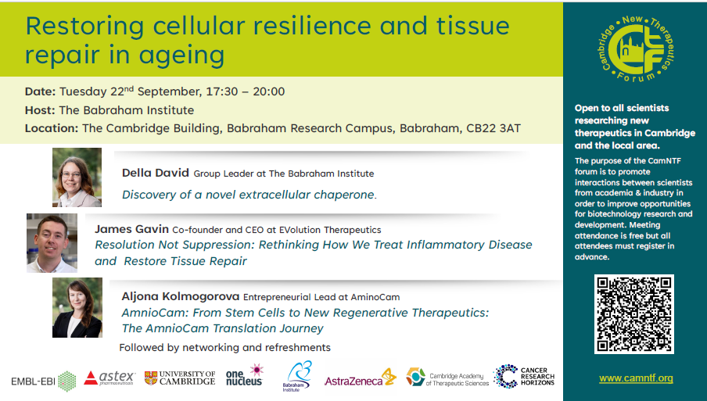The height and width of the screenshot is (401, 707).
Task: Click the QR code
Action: pos(634,314)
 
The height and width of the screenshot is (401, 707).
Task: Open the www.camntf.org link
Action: pos(636,378)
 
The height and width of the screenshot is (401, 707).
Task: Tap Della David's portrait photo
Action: pos(77,177)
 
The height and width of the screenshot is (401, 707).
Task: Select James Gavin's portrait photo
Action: pos(52,243)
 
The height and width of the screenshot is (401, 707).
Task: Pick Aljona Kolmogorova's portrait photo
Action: pos(77,308)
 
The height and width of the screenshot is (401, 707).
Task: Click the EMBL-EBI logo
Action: pos(43,381)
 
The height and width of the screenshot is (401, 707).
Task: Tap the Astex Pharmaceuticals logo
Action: pos(109,378)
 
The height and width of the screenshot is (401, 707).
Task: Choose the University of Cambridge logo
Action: pos(180,378)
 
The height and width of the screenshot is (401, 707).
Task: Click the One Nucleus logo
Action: pos(245,375)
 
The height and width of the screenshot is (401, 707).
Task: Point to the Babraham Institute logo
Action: pos(296,376)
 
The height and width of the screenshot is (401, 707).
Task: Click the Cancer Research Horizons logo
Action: pos(524,376)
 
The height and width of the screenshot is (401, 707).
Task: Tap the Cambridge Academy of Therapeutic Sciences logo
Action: pos(447,378)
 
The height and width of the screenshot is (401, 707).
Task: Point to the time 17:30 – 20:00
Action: pos(246,91)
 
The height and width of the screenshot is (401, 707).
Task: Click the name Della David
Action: pos(155,173)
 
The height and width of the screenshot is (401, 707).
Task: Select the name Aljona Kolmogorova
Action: pos(181,296)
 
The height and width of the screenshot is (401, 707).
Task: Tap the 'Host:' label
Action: pos(40,110)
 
